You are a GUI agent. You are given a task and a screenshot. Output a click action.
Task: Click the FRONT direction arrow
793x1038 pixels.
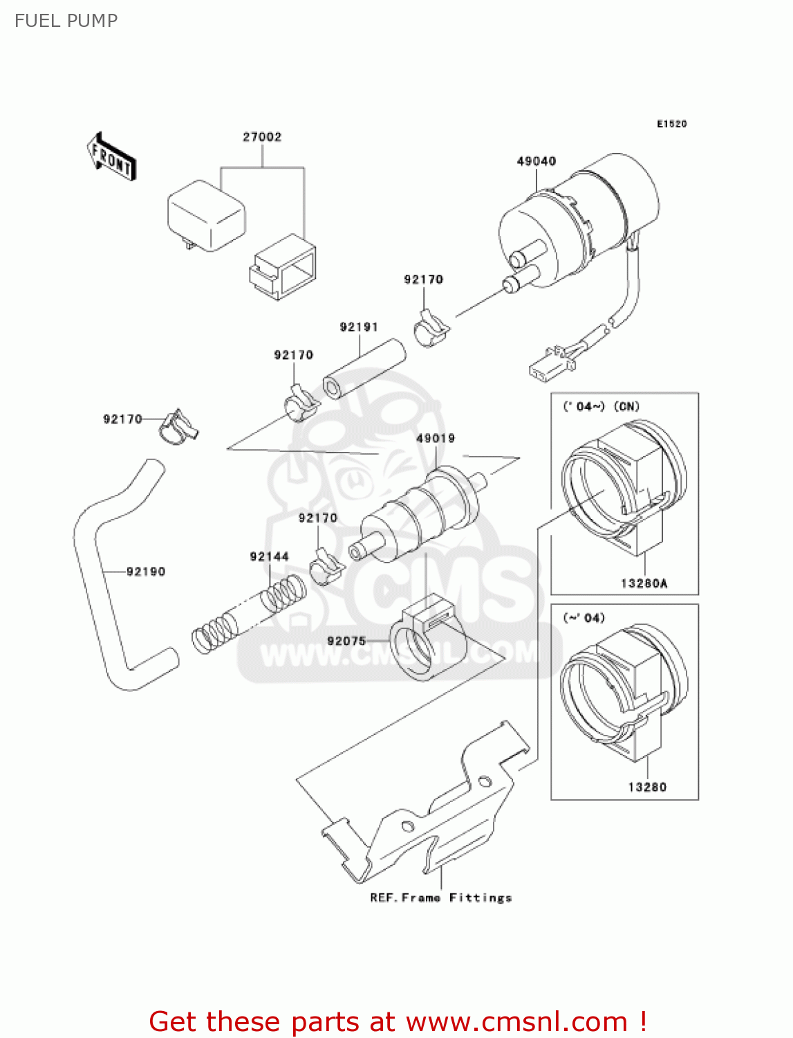click(111, 156)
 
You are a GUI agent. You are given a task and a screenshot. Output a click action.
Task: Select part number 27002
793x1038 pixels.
click(262, 137)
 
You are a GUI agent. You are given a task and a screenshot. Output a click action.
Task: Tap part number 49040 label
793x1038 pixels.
click(536, 161)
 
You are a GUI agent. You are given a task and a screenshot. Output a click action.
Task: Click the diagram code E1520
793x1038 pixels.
click(671, 124)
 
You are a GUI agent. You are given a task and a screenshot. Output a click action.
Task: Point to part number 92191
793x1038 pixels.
click(358, 327)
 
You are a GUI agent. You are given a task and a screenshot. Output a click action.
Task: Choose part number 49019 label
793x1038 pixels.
click(435, 438)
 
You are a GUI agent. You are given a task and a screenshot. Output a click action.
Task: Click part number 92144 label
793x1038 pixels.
click(269, 556)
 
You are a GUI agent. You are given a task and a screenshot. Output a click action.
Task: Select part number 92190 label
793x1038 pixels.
click(146, 572)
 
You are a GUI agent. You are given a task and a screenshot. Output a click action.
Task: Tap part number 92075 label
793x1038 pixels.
click(346, 641)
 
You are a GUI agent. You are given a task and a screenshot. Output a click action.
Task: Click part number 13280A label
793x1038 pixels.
click(644, 583)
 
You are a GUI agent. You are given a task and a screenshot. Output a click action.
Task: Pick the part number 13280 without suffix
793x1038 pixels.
click(646, 787)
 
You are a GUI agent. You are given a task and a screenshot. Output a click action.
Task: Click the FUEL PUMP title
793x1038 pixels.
click(66, 21)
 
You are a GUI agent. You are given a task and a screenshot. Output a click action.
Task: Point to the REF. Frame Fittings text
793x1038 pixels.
click(440, 898)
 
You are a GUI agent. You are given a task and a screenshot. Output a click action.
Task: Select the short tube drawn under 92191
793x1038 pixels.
click(364, 369)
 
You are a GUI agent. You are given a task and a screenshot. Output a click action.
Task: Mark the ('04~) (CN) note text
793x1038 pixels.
click(601, 406)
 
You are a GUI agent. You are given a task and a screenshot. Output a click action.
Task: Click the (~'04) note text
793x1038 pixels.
click(584, 617)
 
